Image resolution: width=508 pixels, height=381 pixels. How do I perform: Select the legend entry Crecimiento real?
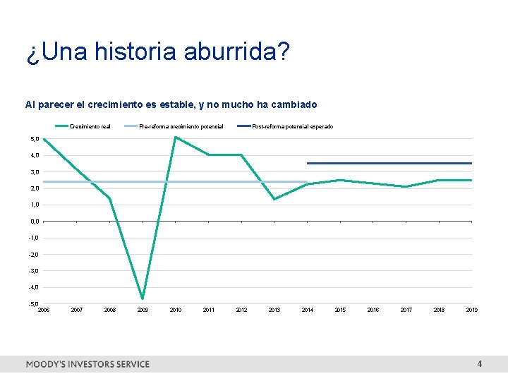tap(90, 127)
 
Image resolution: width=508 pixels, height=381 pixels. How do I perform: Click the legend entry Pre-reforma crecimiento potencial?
tap(181, 127)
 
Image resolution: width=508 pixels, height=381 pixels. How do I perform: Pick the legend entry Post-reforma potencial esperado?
tap(293, 127)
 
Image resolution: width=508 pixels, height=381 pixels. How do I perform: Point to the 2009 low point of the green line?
tap(143, 298)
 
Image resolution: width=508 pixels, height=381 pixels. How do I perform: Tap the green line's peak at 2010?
tap(175, 137)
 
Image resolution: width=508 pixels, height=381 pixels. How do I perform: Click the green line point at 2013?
tap(274, 199)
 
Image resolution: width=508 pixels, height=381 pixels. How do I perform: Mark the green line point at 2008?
tap(109, 198)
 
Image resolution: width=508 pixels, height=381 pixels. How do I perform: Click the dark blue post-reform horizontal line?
tap(388, 163)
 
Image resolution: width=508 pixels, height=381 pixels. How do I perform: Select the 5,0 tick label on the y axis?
tap(35, 139)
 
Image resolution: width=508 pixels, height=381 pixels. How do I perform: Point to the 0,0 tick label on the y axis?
tap(35, 222)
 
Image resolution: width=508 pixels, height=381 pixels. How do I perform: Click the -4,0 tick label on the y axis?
tap(34, 287)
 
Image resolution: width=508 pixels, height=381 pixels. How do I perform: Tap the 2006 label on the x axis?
tap(44, 310)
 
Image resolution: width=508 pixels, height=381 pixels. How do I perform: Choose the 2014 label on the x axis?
tap(308, 310)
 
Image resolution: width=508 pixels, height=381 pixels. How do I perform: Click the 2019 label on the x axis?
tap(471, 310)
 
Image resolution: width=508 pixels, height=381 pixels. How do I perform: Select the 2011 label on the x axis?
tap(209, 310)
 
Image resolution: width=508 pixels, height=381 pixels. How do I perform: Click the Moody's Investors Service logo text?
tap(87, 364)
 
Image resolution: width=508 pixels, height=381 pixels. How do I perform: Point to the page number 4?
tap(480, 364)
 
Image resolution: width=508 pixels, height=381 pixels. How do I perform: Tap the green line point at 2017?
tap(406, 186)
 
